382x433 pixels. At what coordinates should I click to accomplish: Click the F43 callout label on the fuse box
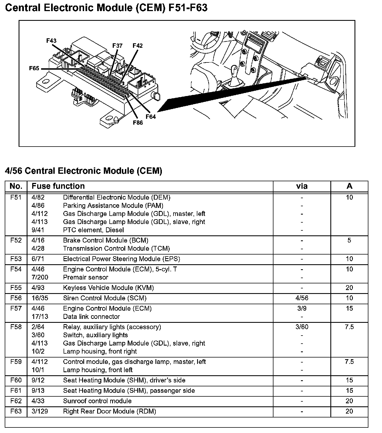51,41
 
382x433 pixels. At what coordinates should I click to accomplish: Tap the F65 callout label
34,68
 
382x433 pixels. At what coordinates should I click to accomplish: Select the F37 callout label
117,46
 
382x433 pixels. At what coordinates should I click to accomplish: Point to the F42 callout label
137,46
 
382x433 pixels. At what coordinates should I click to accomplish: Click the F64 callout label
151,117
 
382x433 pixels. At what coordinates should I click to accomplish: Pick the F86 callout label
138,122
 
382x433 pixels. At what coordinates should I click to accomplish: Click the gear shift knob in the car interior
234,69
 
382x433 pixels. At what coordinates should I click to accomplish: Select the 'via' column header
302,186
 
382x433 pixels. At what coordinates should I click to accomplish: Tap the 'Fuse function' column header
58,186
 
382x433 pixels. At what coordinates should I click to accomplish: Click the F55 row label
16,288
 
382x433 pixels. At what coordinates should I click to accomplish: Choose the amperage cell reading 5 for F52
349,240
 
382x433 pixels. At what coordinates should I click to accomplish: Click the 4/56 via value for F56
302,298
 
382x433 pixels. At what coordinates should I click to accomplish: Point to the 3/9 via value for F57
302,308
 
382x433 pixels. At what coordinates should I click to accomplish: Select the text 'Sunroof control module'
97,401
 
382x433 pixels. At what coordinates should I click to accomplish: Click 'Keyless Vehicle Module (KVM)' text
108,288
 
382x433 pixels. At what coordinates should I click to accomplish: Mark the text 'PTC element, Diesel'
93,230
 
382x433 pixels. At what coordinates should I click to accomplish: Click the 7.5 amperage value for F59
349,362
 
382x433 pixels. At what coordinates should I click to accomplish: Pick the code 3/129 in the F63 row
40,411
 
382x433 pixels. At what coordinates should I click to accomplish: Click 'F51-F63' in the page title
188,8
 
